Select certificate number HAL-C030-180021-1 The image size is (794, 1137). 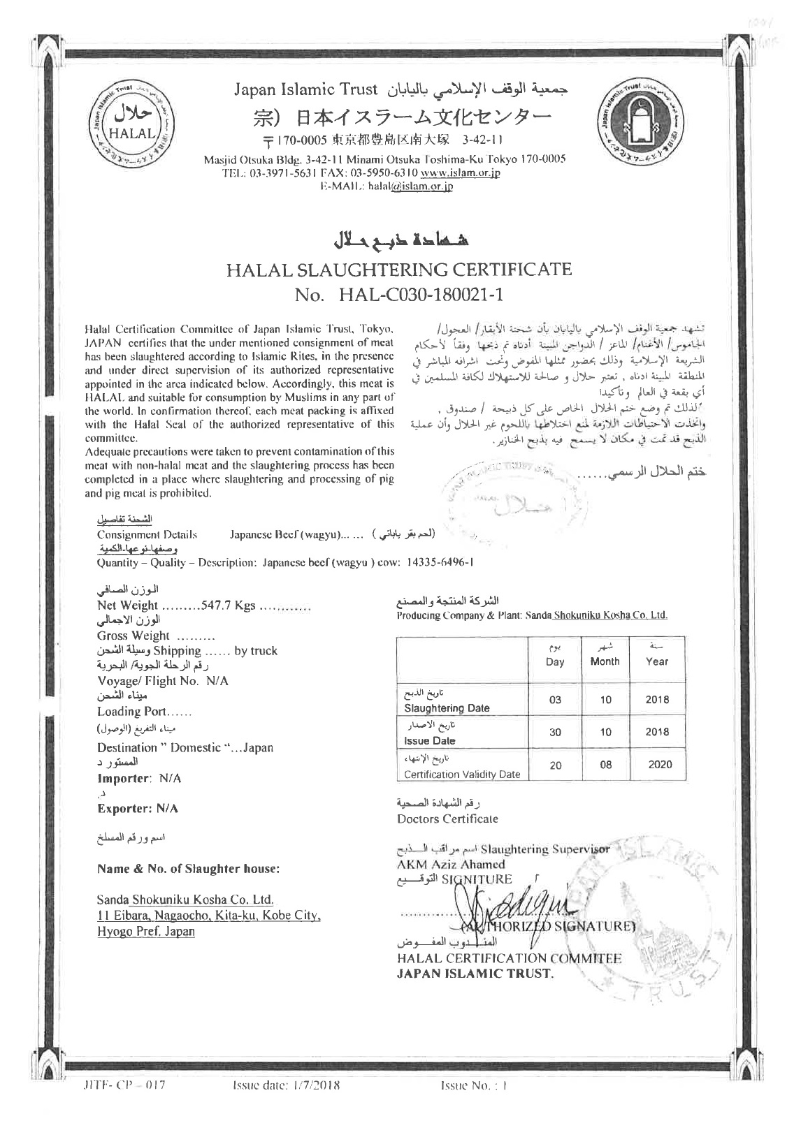[421, 295]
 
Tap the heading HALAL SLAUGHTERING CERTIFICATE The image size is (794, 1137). [398, 269]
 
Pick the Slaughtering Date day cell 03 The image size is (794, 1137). [555, 699]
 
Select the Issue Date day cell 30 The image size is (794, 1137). [555, 732]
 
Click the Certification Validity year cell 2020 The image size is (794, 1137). [659, 764]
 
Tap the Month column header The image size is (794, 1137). [605, 661]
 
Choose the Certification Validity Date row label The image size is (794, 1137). [462, 775]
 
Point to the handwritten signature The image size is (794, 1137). [503, 906]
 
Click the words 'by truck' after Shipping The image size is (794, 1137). [256, 651]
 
